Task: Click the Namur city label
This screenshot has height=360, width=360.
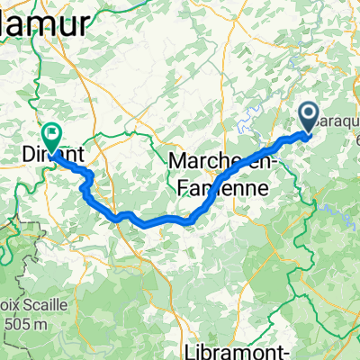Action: (49, 22)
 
